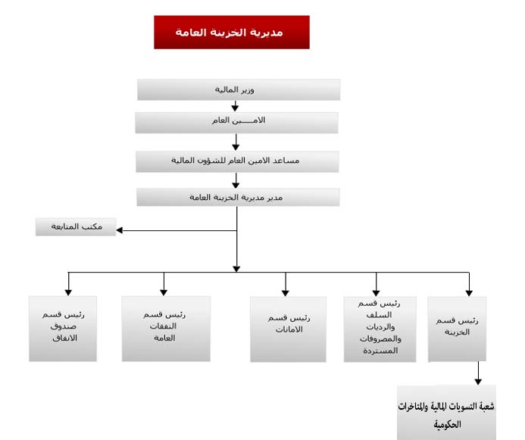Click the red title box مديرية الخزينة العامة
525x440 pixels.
pos(232,32)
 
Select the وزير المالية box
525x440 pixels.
pos(239,89)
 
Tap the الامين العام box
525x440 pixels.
pos(236,123)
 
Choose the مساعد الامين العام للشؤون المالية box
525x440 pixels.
pos(237,161)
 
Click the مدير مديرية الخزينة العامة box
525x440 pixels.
pos(238,197)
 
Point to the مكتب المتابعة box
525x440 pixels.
pos(76,227)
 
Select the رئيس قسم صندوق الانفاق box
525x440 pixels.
pos(63,329)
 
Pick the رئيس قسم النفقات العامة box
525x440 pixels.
pos(166,329)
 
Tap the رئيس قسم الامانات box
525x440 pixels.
pos(289,329)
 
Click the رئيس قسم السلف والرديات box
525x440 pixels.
pos(380,329)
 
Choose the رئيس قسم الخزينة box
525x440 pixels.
pos(457,329)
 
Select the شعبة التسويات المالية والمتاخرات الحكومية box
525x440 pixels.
pos(446,413)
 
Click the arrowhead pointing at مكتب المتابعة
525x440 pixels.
pos(120,230)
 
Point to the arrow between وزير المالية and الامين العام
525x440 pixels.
pos(235,106)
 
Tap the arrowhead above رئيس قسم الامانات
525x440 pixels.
pos(286,293)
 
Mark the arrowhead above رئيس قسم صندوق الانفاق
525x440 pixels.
pos(68,292)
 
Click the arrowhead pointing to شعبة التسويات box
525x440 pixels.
pos(478,382)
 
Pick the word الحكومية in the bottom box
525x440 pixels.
pos(447,425)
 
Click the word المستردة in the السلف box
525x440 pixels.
pos(380,351)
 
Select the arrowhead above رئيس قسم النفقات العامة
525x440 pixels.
pos(164,292)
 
